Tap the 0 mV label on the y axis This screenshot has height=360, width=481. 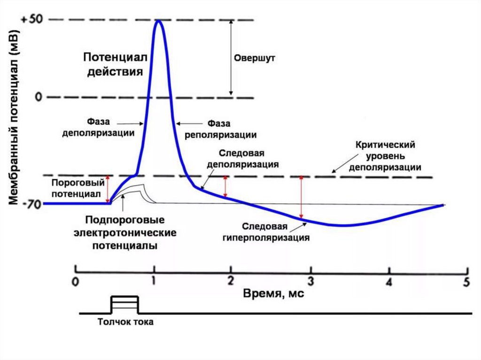[x=38, y=97]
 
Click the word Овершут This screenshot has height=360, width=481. [x=254, y=59]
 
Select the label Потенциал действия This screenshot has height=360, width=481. [x=115, y=64]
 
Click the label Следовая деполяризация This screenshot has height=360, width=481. [x=243, y=159]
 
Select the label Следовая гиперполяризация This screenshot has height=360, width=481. [x=266, y=231]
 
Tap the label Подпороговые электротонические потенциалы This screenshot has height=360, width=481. [x=124, y=233]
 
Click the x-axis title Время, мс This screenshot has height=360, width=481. [x=274, y=294]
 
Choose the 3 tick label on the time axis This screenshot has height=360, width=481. [x=310, y=282]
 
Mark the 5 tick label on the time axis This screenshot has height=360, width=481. [x=466, y=282]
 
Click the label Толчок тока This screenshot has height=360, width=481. [x=125, y=322]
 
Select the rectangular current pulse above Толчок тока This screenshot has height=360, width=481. [x=124, y=304]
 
